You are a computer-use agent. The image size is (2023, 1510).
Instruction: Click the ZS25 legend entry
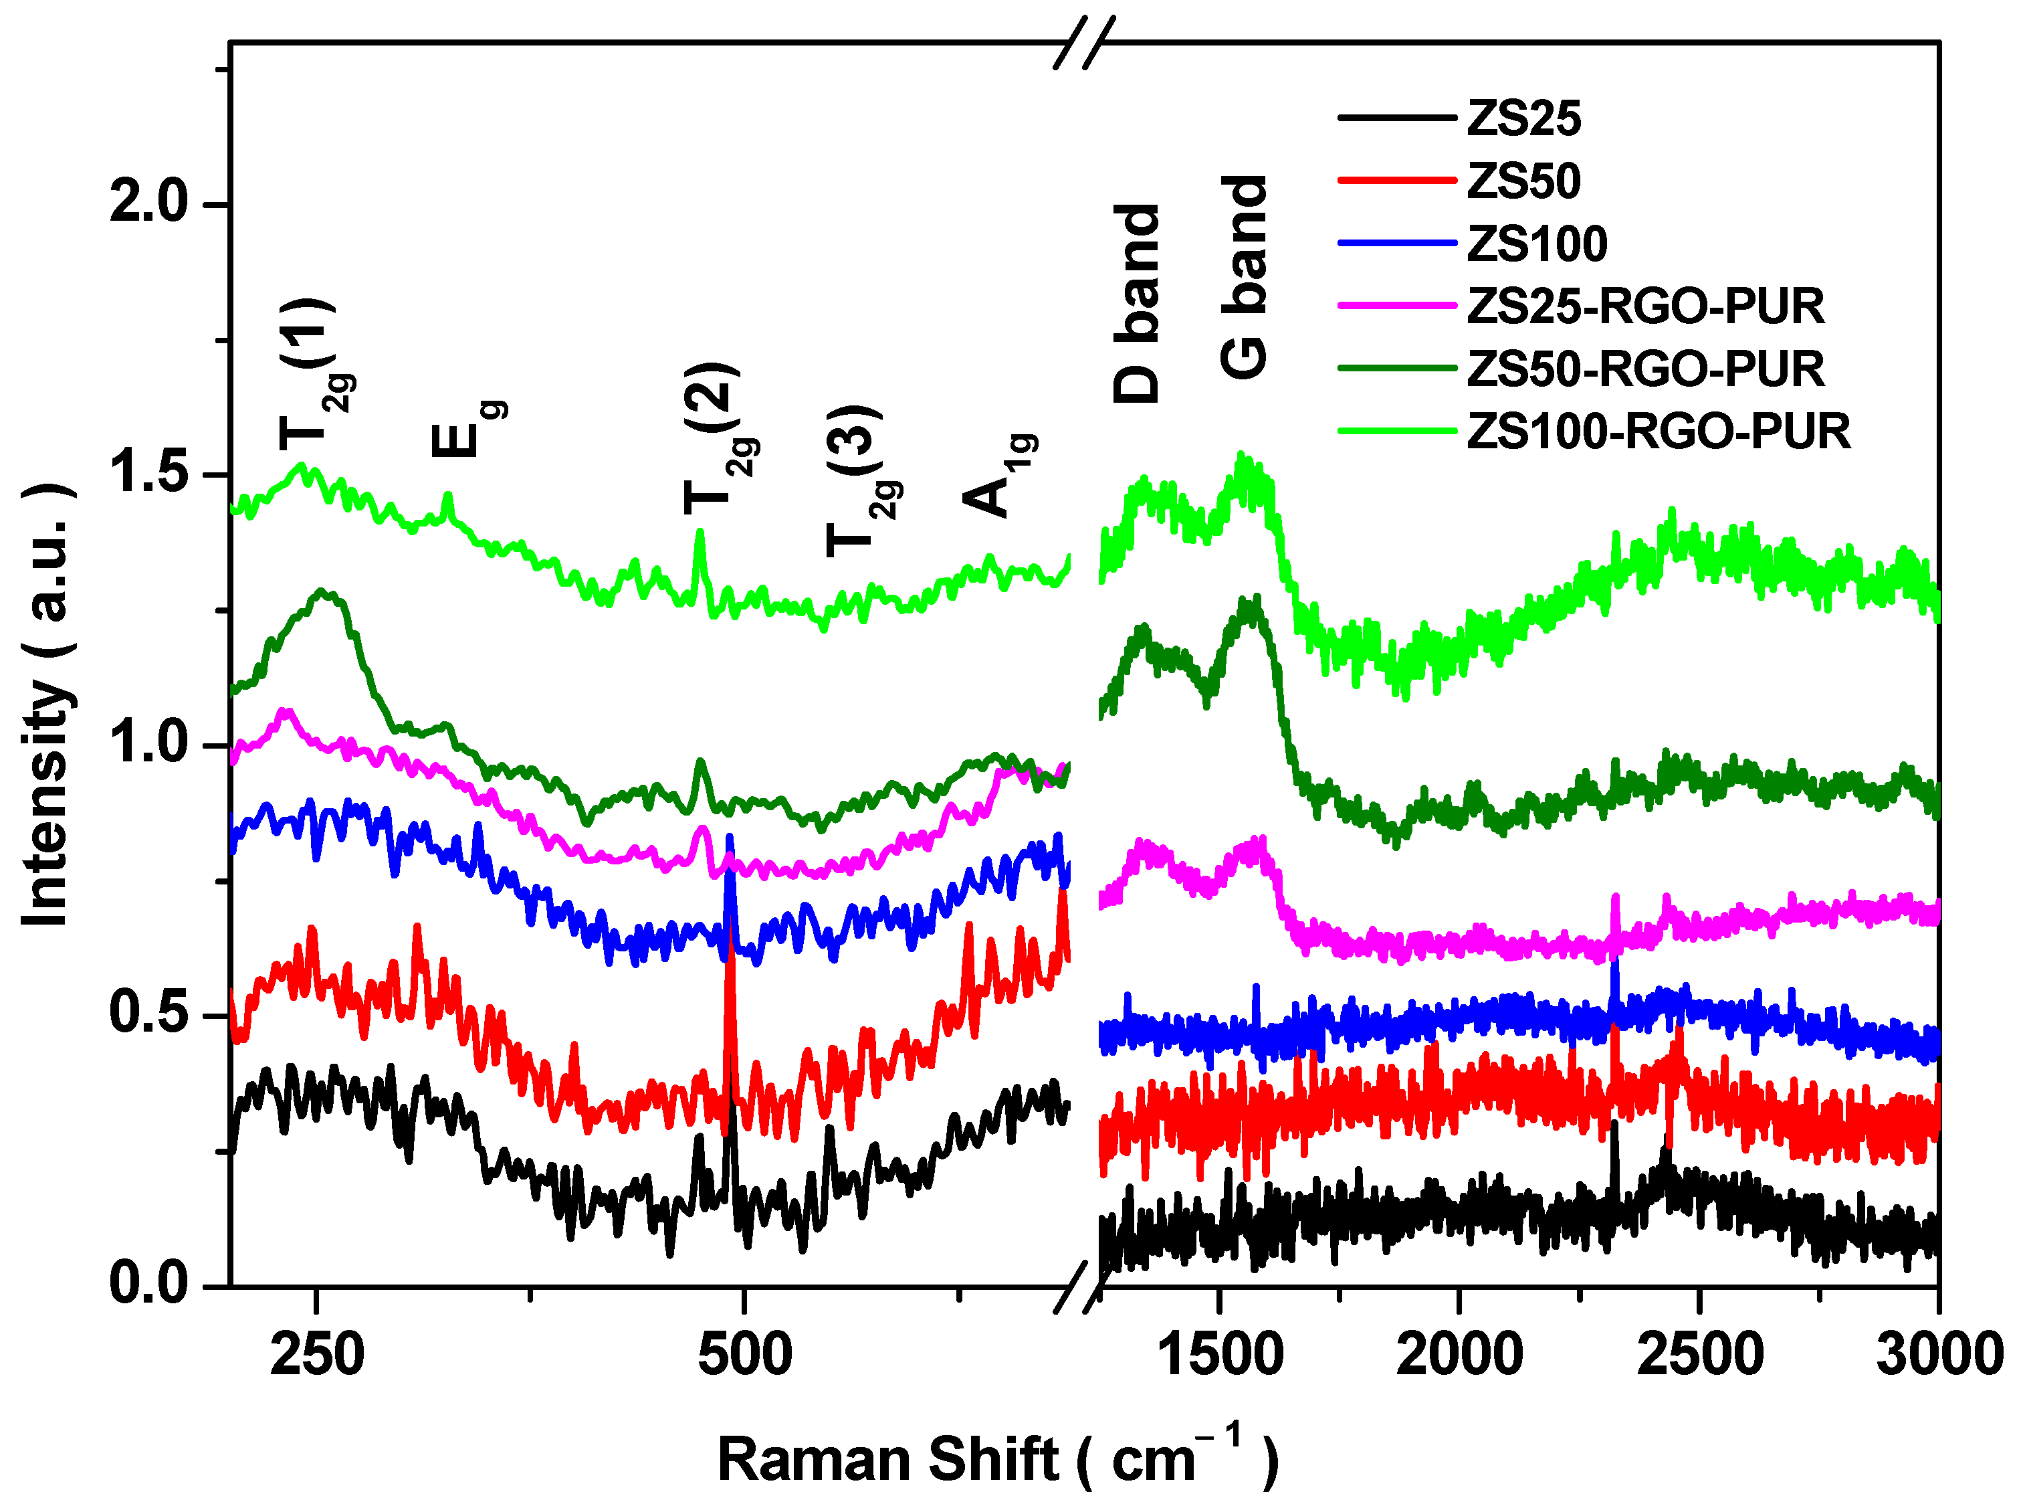[1523, 119]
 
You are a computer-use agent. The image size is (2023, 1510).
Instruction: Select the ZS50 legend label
[1523, 181]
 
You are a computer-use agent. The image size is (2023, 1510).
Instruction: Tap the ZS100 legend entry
[1536, 244]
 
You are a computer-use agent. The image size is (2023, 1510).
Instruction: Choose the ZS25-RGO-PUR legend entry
[1644, 306]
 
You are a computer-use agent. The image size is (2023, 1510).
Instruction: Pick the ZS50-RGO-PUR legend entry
[1644, 369]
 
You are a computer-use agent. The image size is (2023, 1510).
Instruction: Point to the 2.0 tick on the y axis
[148, 202]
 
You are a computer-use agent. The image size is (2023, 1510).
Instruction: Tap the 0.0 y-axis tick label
[148, 1283]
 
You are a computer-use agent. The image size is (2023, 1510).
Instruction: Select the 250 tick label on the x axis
[317, 1355]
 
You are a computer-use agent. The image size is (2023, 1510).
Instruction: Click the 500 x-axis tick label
[745, 1355]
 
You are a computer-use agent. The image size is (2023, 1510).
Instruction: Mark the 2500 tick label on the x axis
[1699, 1355]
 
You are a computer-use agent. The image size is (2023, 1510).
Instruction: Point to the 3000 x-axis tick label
[1939, 1355]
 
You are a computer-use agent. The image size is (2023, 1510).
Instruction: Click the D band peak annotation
[1136, 304]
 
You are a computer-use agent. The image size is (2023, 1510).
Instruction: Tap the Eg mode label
[466, 430]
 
